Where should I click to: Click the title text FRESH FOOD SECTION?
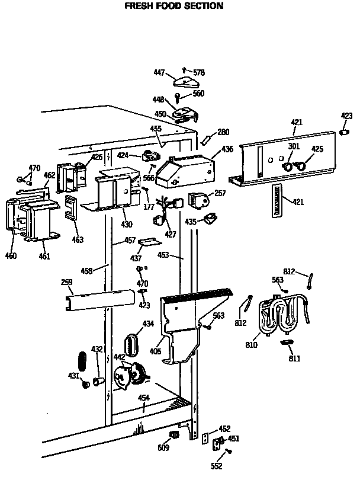click(x=173, y=6)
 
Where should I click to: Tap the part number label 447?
click(x=159, y=72)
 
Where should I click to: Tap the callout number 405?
click(x=156, y=351)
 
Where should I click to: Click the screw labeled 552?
click(x=229, y=452)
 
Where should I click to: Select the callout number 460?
click(x=11, y=256)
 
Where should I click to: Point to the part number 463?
click(x=78, y=240)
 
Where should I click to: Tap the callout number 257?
click(x=220, y=194)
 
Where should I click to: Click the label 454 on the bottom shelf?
click(x=143, y=398)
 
